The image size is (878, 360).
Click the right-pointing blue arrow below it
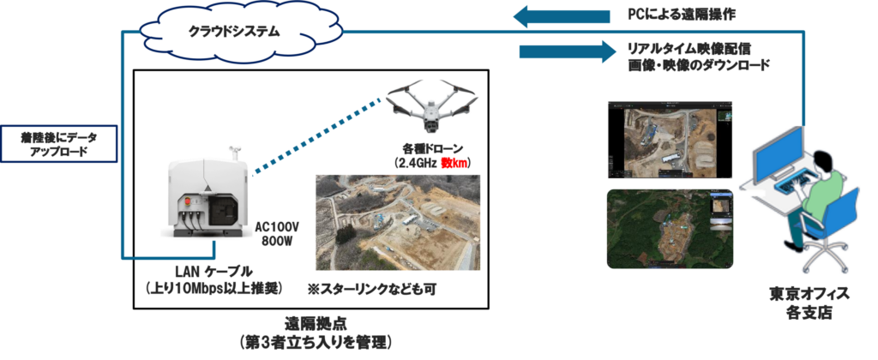[x=566, y=51]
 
